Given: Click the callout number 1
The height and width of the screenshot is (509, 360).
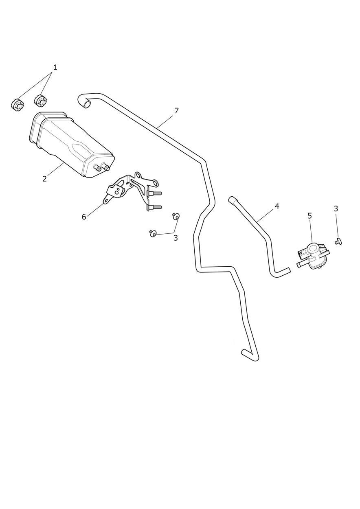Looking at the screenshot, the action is [x=55, y=67].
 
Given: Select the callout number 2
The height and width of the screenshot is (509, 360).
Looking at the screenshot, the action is [x=44, y=179].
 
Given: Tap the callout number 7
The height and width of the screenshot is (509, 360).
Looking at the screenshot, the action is [x=176, y=111].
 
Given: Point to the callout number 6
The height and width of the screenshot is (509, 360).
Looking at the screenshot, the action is [x=84, y=217].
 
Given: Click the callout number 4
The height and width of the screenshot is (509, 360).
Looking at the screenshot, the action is [x=277, y=206].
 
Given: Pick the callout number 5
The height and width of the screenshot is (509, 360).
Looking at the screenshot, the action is [x=310, y=216].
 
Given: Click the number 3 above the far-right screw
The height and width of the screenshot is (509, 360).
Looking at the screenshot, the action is [x=336, y=208].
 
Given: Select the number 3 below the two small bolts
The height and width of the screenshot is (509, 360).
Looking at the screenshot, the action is [x=176, y=238].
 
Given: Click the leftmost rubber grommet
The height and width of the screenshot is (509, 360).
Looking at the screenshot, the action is [x=18, y=105].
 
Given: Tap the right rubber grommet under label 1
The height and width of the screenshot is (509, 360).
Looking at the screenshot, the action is [x=41, y=101].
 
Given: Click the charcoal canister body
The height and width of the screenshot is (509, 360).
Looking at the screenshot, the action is [x=72, y=144].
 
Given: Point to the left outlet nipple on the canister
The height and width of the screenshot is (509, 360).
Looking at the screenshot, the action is [x=98, y=169].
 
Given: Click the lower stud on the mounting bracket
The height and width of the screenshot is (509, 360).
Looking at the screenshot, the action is [x=154, y=207].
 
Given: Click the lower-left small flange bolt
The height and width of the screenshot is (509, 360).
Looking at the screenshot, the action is [x=153, y=233].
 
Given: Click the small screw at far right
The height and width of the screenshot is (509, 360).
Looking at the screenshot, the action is [x=338, y=241].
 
